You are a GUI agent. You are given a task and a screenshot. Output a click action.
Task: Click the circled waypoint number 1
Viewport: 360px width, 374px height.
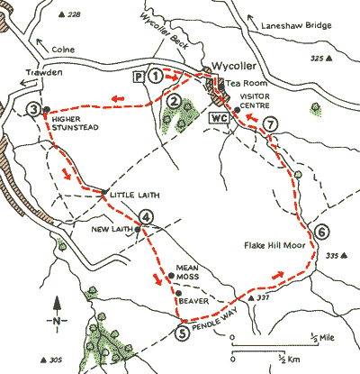click(x=157, y=78)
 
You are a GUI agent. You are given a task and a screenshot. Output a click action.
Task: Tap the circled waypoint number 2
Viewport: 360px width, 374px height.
click(x=171, y=102)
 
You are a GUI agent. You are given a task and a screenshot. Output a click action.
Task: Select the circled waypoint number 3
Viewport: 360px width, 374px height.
click(x=33, y=110)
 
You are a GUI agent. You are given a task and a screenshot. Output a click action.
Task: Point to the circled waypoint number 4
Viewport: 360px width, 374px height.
click(x=147, y=215)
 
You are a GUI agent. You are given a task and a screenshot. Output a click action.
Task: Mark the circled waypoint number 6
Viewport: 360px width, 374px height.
click(x=321, y=233)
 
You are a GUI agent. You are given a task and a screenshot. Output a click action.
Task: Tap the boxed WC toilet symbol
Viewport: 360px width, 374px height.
click(x=219, y=118)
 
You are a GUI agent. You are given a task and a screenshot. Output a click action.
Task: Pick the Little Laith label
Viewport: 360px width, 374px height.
click(x=128, y=196)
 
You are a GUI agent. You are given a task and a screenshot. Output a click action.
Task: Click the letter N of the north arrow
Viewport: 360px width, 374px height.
click(x=57, y=320)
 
